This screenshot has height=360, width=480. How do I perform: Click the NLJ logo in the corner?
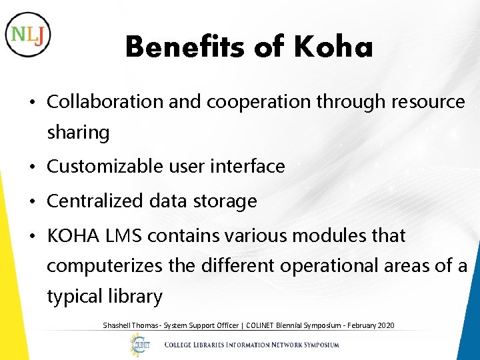point(27,34)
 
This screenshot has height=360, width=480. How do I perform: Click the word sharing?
point(78,133)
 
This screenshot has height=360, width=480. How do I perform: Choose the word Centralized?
point(90,201)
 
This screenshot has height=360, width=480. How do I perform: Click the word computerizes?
point(105,265)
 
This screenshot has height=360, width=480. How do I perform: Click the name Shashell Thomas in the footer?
point(127,325)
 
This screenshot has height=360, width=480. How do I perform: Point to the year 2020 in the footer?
point(385,325)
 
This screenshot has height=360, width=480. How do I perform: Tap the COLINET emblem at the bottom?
point(140,344)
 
